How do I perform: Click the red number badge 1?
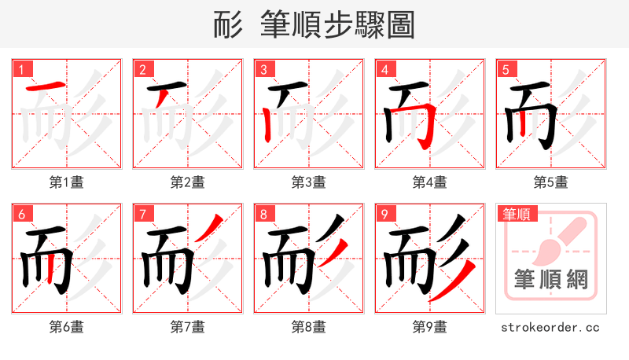21,69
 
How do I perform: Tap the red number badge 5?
506,69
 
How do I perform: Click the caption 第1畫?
67,182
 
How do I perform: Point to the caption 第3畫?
309,182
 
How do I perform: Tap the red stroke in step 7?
207,229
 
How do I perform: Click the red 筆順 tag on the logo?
515,213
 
